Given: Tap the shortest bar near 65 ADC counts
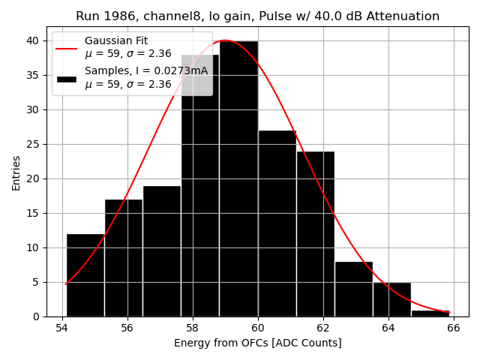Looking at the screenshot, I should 430,313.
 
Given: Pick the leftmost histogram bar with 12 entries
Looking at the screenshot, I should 85,275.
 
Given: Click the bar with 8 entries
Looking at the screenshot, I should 353,289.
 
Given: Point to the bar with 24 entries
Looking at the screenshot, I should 315,234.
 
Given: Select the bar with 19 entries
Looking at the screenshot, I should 162,251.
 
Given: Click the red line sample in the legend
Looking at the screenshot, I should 66,47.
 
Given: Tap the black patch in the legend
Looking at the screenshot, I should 66,78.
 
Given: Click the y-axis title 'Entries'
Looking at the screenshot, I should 16,173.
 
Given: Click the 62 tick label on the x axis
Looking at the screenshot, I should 323,328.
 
